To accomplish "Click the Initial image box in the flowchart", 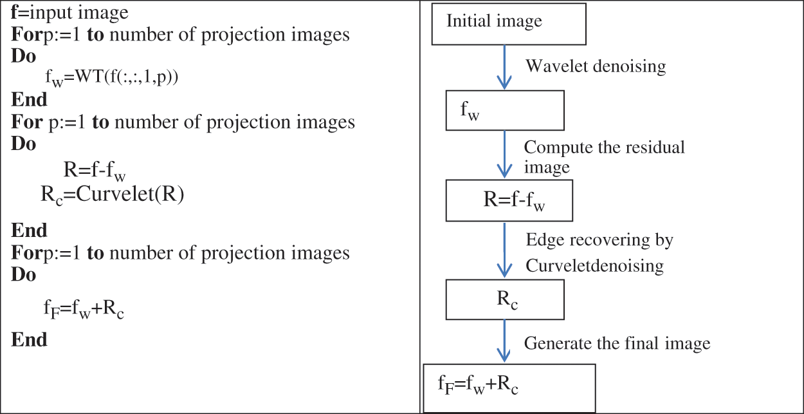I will [x=508, y=24].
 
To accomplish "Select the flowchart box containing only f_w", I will [x=505, y=111].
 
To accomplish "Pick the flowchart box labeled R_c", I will [x=505, y=301].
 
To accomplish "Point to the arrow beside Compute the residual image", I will [x=505, y=155].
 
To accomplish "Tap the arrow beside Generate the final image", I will [x=505, y=341].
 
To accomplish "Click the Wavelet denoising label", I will [x=596, y=66].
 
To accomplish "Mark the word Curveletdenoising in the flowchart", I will [x=594, y=265].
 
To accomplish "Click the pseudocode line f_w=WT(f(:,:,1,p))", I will [x=111, y=77].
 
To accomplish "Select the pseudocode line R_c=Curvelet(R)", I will [x=113, y=195].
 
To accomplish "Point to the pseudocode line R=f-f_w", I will [x=95, y=171].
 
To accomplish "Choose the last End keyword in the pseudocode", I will [x=29, y=339].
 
